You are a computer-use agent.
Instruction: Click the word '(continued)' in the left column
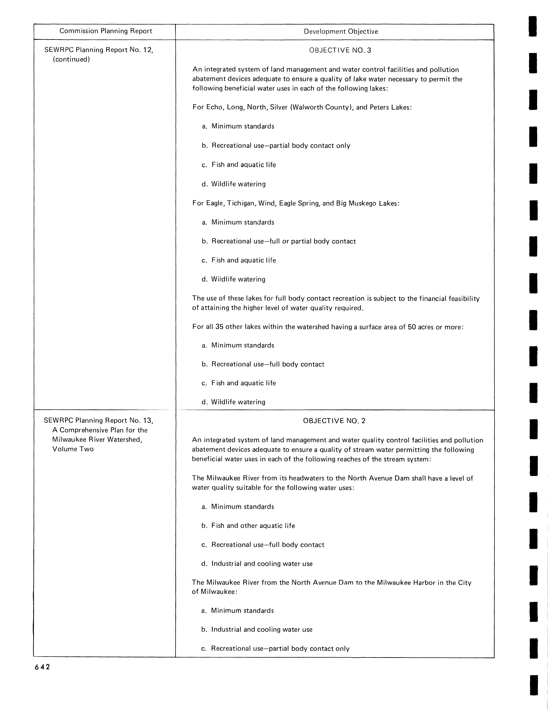[x=71, y=59]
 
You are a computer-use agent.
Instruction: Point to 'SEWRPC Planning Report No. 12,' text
[x=98, y=50]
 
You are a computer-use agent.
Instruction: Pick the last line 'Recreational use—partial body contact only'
[x=280, y=649]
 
